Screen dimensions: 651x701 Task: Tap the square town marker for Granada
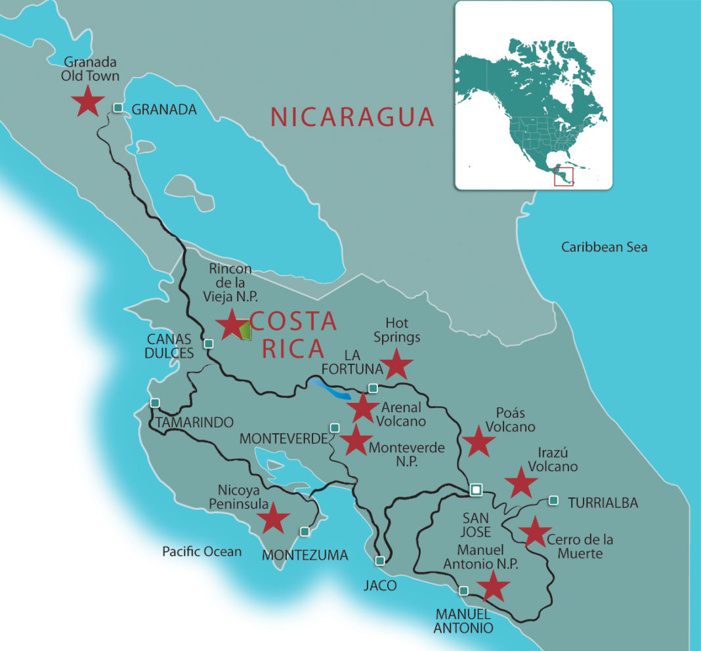tap(118, 108)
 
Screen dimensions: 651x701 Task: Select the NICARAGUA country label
tap(352, 117)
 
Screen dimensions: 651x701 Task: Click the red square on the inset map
tap(563, 177)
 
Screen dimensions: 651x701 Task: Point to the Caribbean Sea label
tap(604, 247)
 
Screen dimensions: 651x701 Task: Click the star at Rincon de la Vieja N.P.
tap(231, 325)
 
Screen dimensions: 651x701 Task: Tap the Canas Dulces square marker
tap(209, 343)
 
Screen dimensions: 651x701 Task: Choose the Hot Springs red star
tap(396, 364)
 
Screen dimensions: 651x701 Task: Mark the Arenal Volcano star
tap(363, 408)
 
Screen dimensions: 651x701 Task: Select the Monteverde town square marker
tap(334, 428)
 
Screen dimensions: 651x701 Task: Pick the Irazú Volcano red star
tap(521, 482)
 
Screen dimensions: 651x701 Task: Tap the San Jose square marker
tap(476, 489)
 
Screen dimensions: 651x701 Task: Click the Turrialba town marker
tap(553, 501)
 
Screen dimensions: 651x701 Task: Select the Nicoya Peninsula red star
tap(273, 518)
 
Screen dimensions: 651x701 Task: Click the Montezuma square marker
tap(305, 531)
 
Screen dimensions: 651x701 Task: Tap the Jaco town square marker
tap(381, 561)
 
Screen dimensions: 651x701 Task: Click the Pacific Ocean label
tap(202, 552)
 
